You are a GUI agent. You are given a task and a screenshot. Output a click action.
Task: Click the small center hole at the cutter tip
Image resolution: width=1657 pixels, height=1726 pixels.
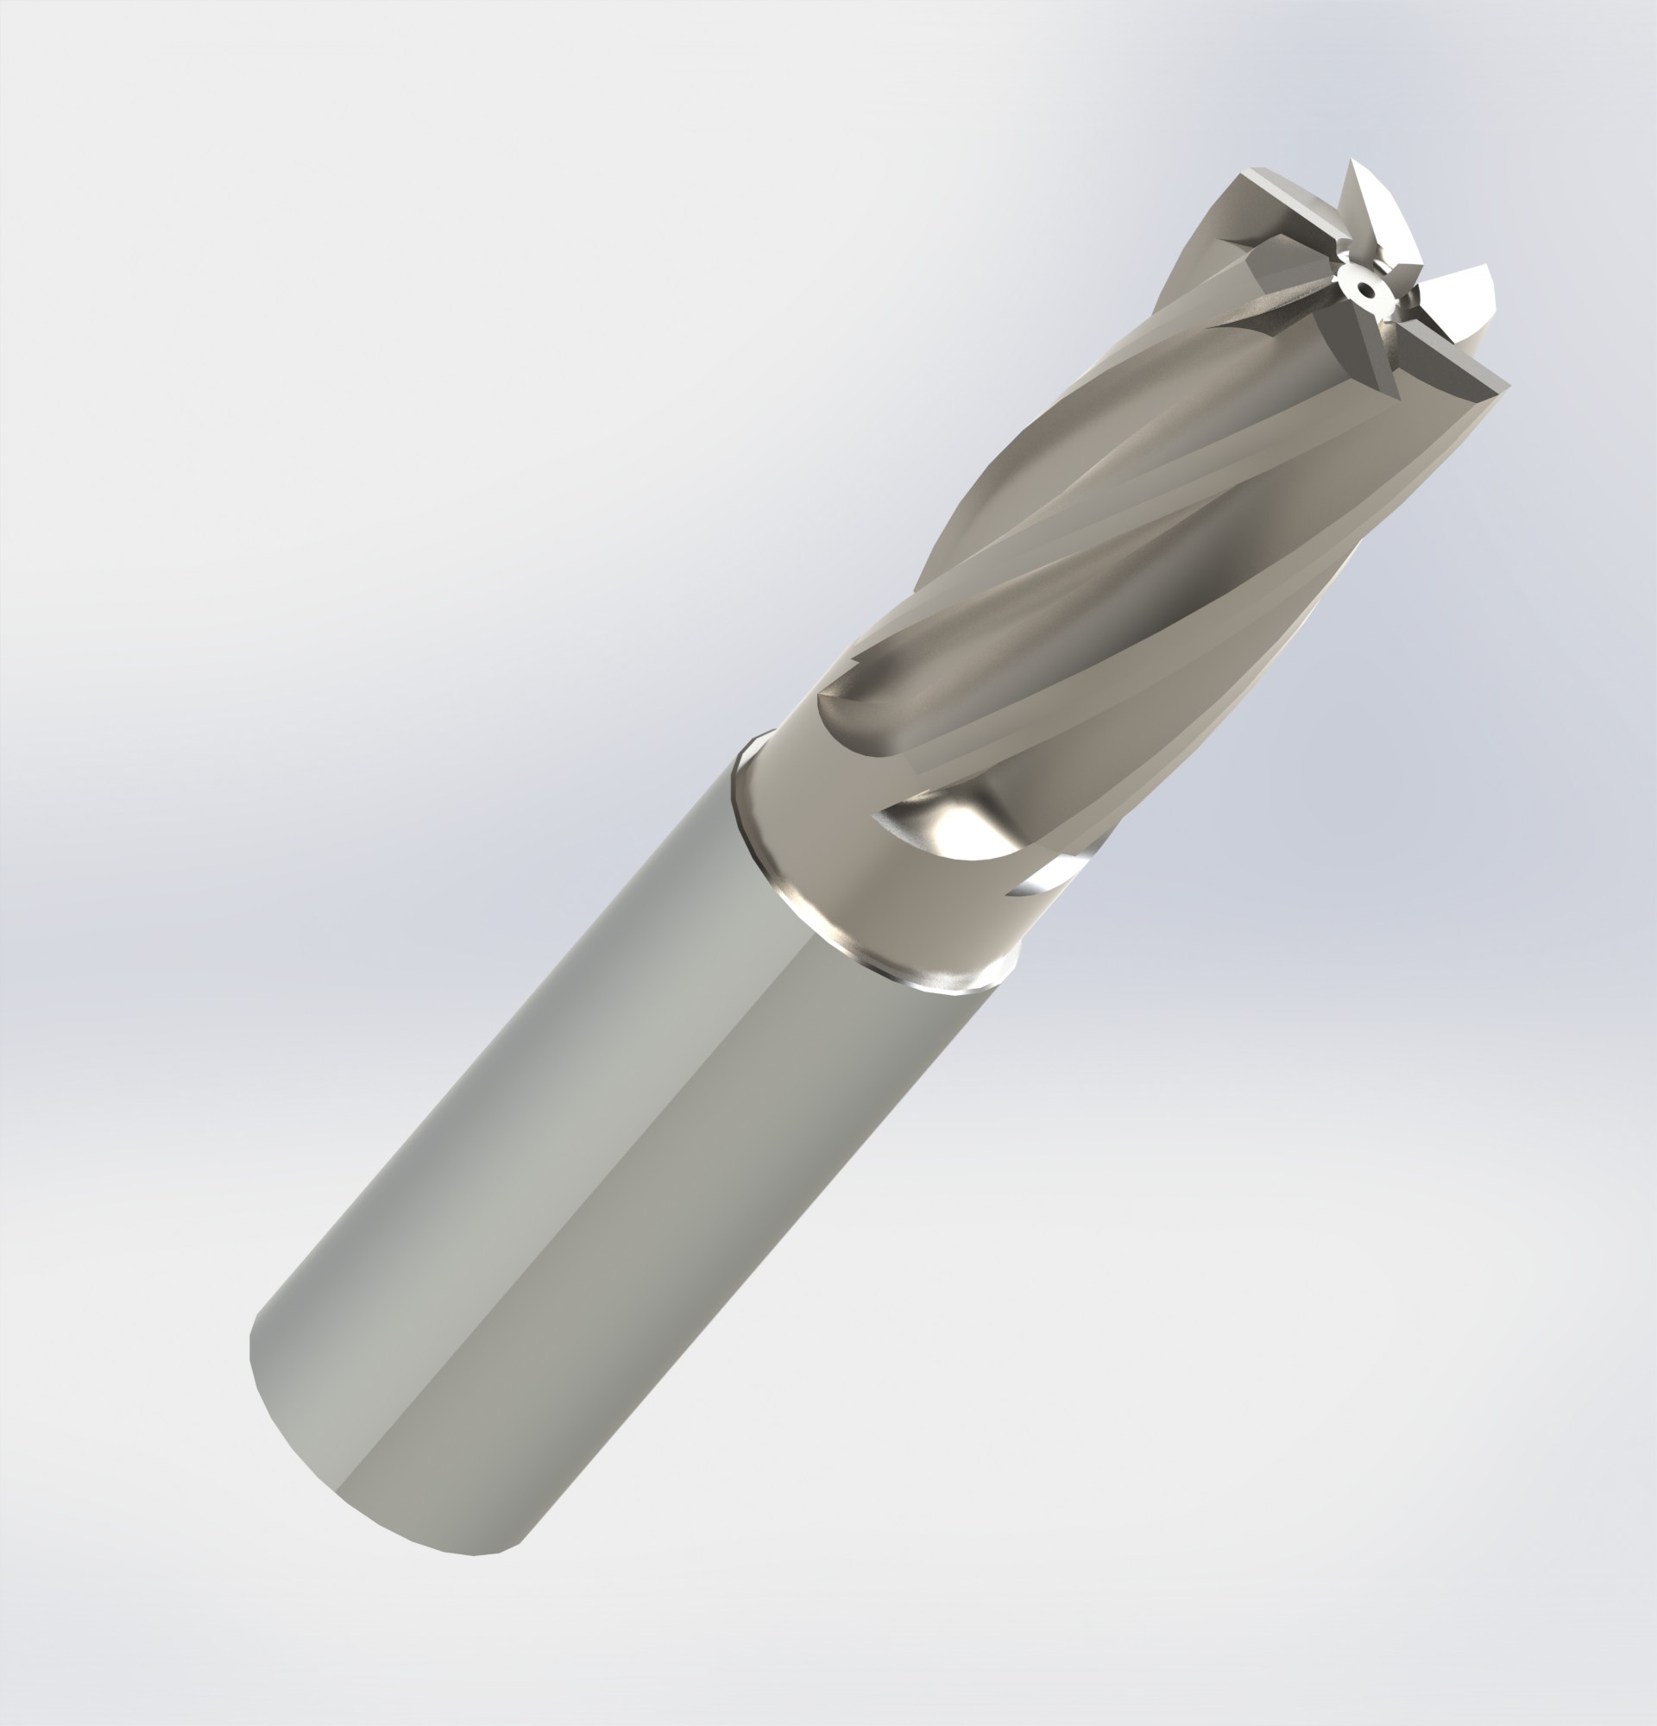tap(1362, 287)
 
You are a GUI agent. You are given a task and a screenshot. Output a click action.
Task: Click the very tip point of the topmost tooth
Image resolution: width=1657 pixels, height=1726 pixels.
tap(1351, 160)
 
